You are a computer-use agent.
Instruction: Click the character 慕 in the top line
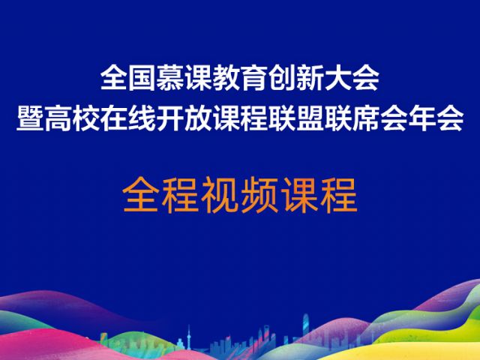[170, 78]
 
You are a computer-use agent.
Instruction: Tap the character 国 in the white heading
[142, 78]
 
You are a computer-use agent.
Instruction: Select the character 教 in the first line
[226, 78]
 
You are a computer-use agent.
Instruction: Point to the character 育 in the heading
[254, 78]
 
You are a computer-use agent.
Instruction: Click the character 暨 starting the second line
[30, 118]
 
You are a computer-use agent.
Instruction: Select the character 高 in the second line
[58, 118]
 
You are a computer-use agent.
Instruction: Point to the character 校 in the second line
[86, 118]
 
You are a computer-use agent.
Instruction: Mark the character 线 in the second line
[142, 118]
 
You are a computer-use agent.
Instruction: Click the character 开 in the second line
[170, 118]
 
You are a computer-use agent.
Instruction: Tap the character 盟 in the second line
[310, 118]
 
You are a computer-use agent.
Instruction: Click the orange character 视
[220, 195]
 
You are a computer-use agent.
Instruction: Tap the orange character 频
[259, 195]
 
